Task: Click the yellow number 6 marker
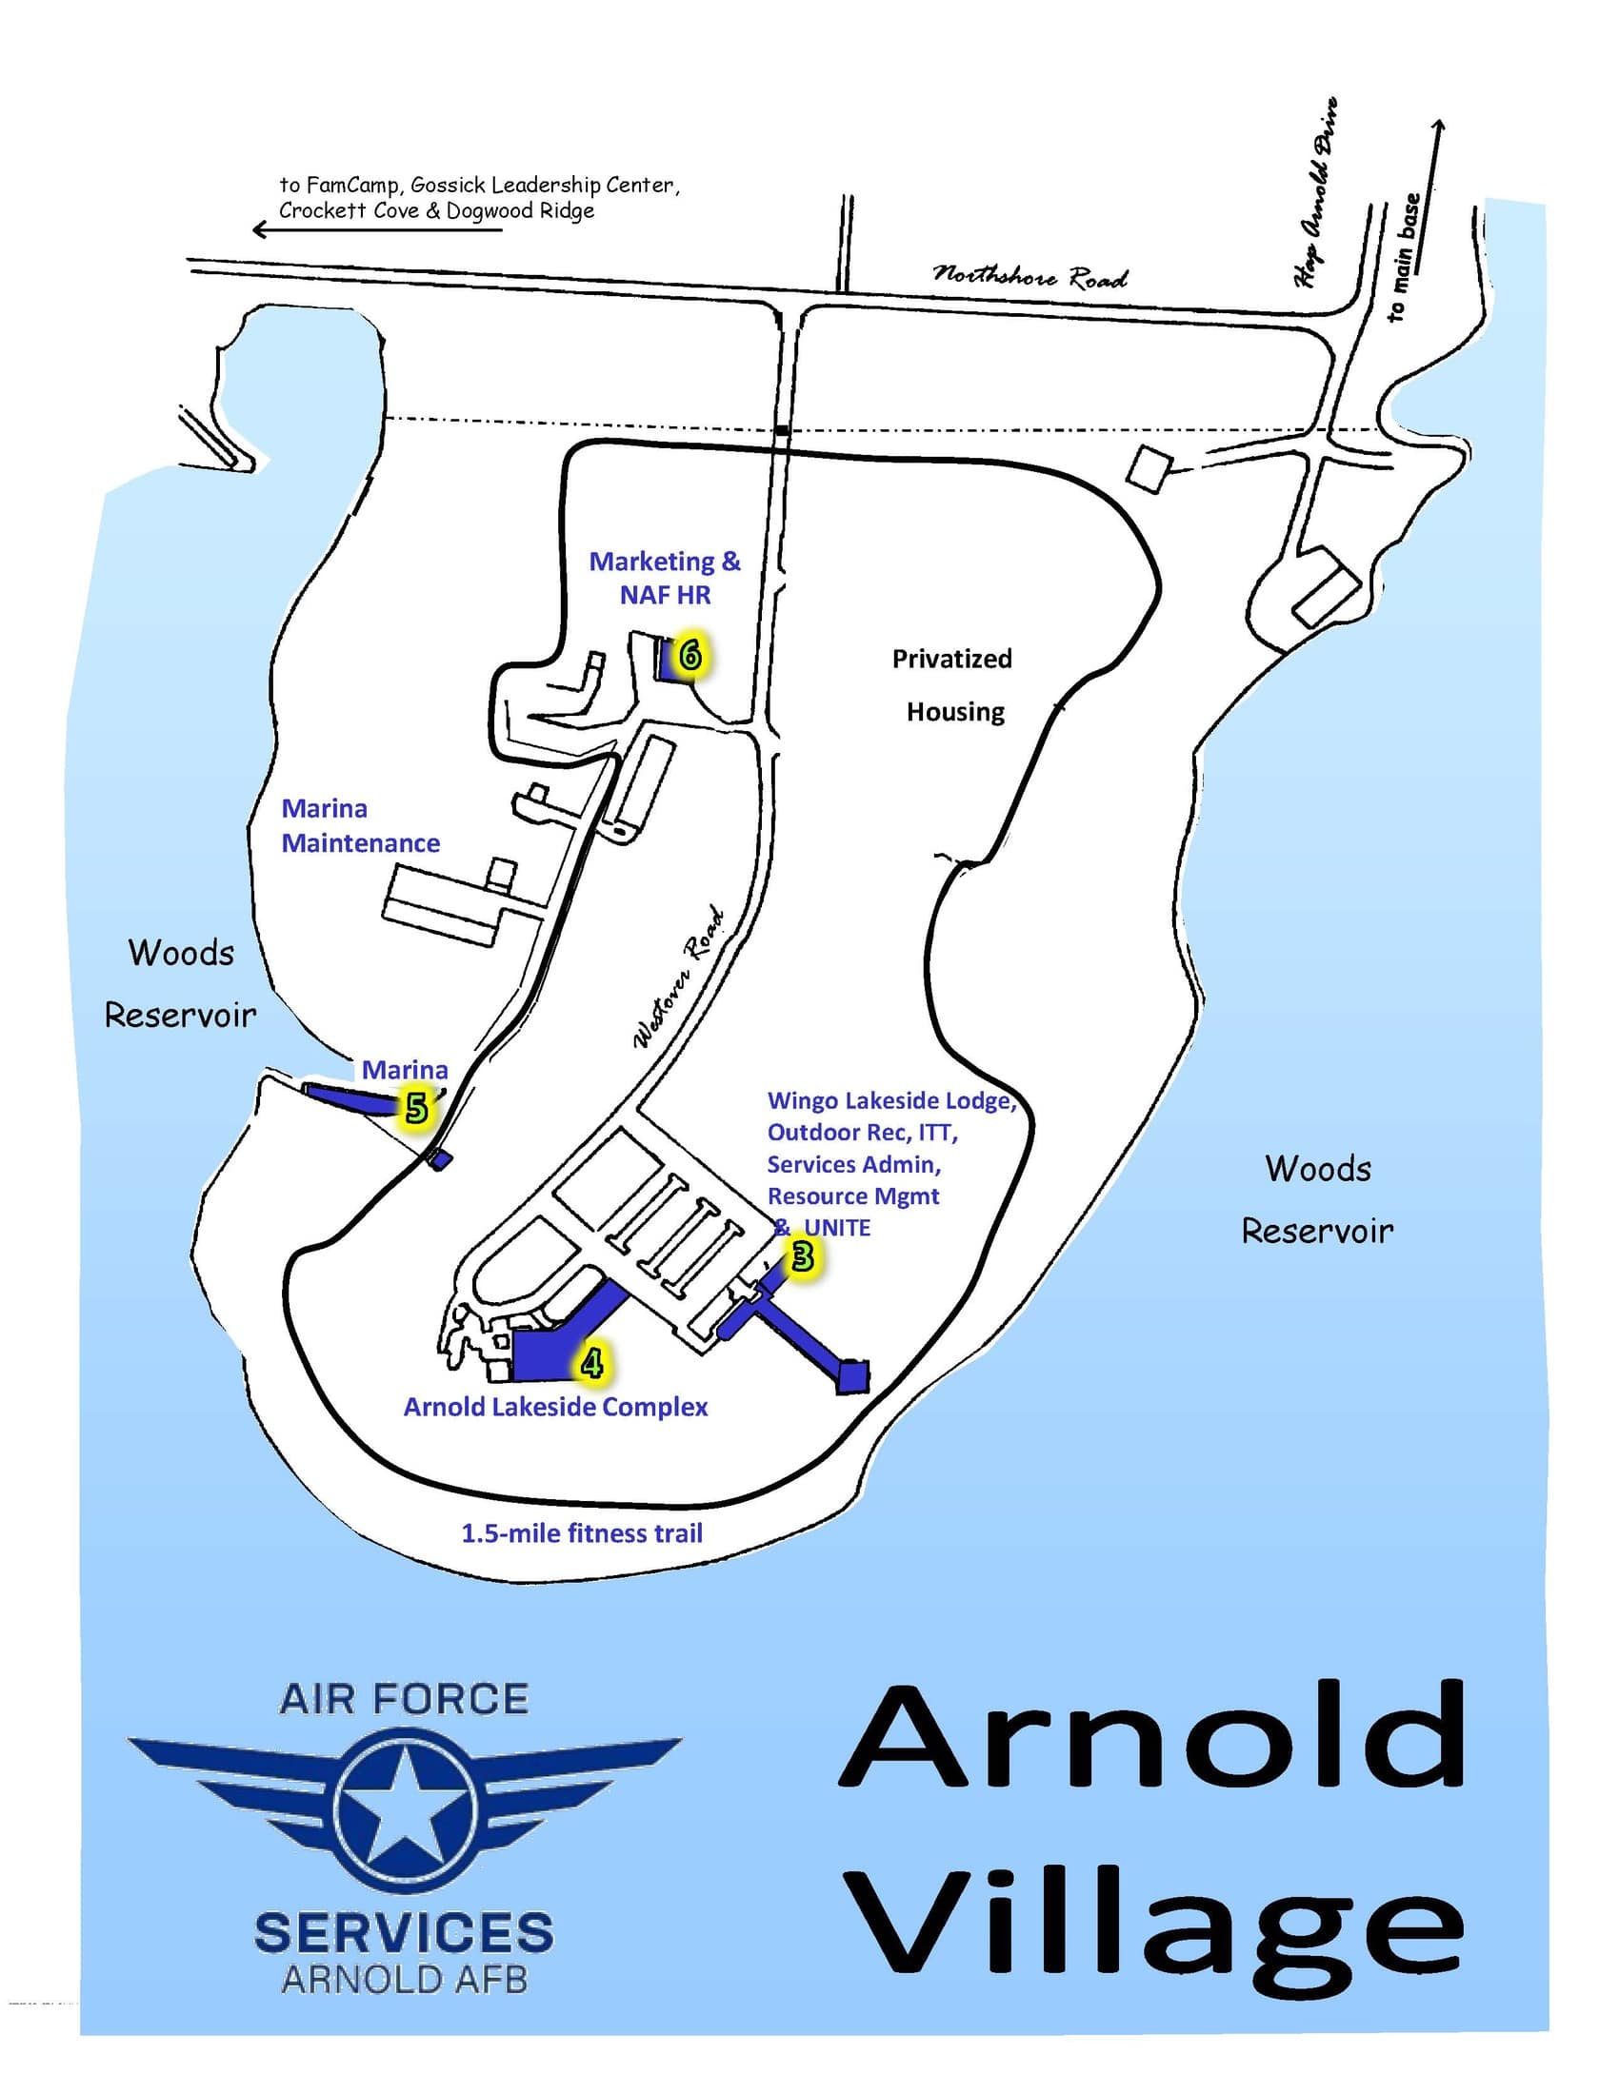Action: (x=690, y=656)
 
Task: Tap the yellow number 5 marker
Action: (x=415, y=1109)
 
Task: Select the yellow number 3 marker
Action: (x=802, y=1256)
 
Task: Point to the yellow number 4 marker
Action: (x=591, y=1362)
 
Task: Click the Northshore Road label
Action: (x=1030, y=276)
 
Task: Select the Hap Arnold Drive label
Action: (x=1316, y=191)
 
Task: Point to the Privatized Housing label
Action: (x=953, y=684)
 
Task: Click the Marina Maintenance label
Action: (x=360, y=825)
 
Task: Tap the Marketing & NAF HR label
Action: (x=665, y=577)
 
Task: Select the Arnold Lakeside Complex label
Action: (x=555, y=1407)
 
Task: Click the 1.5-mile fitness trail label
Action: (x=582, y=1533)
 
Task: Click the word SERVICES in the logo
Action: (x=403, y=1932)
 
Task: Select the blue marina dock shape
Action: (x=350, y=1096)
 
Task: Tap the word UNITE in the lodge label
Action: (x=837, y=1227)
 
